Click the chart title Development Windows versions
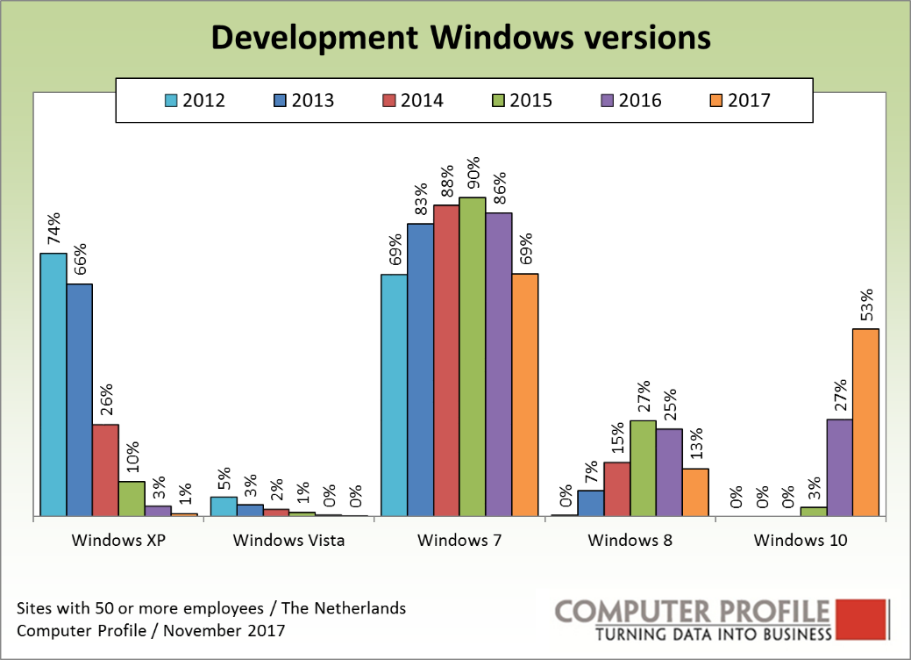click(459, 38)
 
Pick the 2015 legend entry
click(522, 100)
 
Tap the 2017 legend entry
click(739, 100)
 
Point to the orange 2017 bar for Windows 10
click(865, 422)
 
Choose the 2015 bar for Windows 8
click(643, 468)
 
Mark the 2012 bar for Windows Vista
click(224, 506)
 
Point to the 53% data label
click(865, 306)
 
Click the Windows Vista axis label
click(288, 541)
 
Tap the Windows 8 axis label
click(630, 541)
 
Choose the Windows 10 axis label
click(801, 541)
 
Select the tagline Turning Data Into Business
click(713, 635)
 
